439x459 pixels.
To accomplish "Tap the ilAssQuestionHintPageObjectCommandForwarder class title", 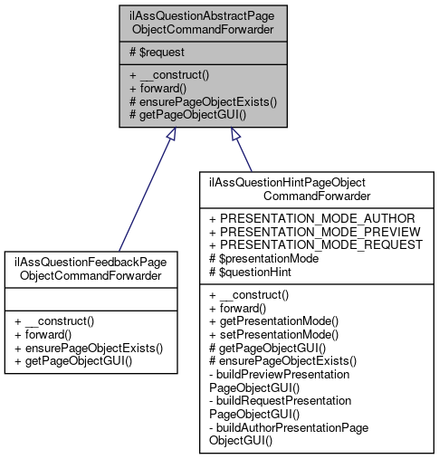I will point(316,188).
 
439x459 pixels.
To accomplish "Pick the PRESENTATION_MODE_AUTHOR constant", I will point(311,218).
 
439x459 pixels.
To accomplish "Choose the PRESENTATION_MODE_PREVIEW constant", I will point(314,232).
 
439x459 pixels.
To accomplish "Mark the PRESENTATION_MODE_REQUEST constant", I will point(315,244).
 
